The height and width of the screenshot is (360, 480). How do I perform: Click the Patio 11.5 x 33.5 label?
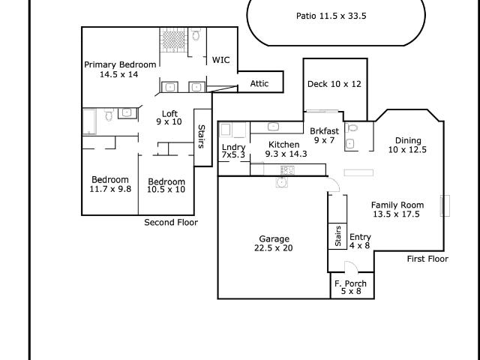point(335,16)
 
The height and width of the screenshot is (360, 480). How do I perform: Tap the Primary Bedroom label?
point(120,70)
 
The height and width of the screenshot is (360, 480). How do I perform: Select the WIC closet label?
point(220,60)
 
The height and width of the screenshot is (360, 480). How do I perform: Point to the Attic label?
point(259,84)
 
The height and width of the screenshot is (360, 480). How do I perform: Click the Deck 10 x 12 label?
point(334,84)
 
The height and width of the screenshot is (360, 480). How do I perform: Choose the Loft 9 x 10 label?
point(169,118)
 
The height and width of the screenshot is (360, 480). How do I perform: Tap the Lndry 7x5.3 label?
point(233,151)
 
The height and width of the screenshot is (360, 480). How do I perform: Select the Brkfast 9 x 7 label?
point(324,135)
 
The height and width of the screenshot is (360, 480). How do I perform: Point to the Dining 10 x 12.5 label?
point(407,145)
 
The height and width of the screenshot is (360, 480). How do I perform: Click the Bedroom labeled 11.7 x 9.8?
point(110,184)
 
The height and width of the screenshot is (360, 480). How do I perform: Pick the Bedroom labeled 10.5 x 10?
point(166,186)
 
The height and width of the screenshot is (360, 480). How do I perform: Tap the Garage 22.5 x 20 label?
point(273,243)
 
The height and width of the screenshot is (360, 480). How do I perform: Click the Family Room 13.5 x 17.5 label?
point(397,209)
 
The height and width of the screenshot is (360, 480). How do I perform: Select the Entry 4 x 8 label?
point(360,241)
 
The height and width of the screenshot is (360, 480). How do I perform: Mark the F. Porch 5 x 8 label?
point(351,287)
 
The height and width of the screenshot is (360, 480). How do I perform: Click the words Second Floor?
point(170,223)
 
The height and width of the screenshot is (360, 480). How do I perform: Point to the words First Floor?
point(427,259)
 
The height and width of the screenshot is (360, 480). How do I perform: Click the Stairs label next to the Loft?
point(201,136)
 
